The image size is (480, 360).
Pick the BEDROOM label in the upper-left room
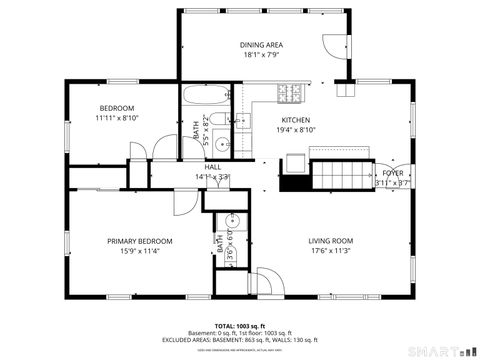click(x=117, y=108)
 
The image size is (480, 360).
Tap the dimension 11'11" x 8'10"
click(x=117, y=118)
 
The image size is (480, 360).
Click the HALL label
click(x=212, y=167)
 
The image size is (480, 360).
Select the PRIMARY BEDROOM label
click(x=140, y=241)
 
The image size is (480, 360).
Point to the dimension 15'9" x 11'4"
click(x=140, y=251)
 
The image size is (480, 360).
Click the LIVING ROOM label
click(x=330, y=241)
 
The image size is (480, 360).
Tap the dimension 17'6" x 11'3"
click(x=330, y=251)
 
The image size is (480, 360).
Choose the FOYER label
click(x=393, y=173)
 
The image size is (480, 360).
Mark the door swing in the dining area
click(x=333, y=47)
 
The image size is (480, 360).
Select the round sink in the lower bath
click(x=232, y=220)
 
